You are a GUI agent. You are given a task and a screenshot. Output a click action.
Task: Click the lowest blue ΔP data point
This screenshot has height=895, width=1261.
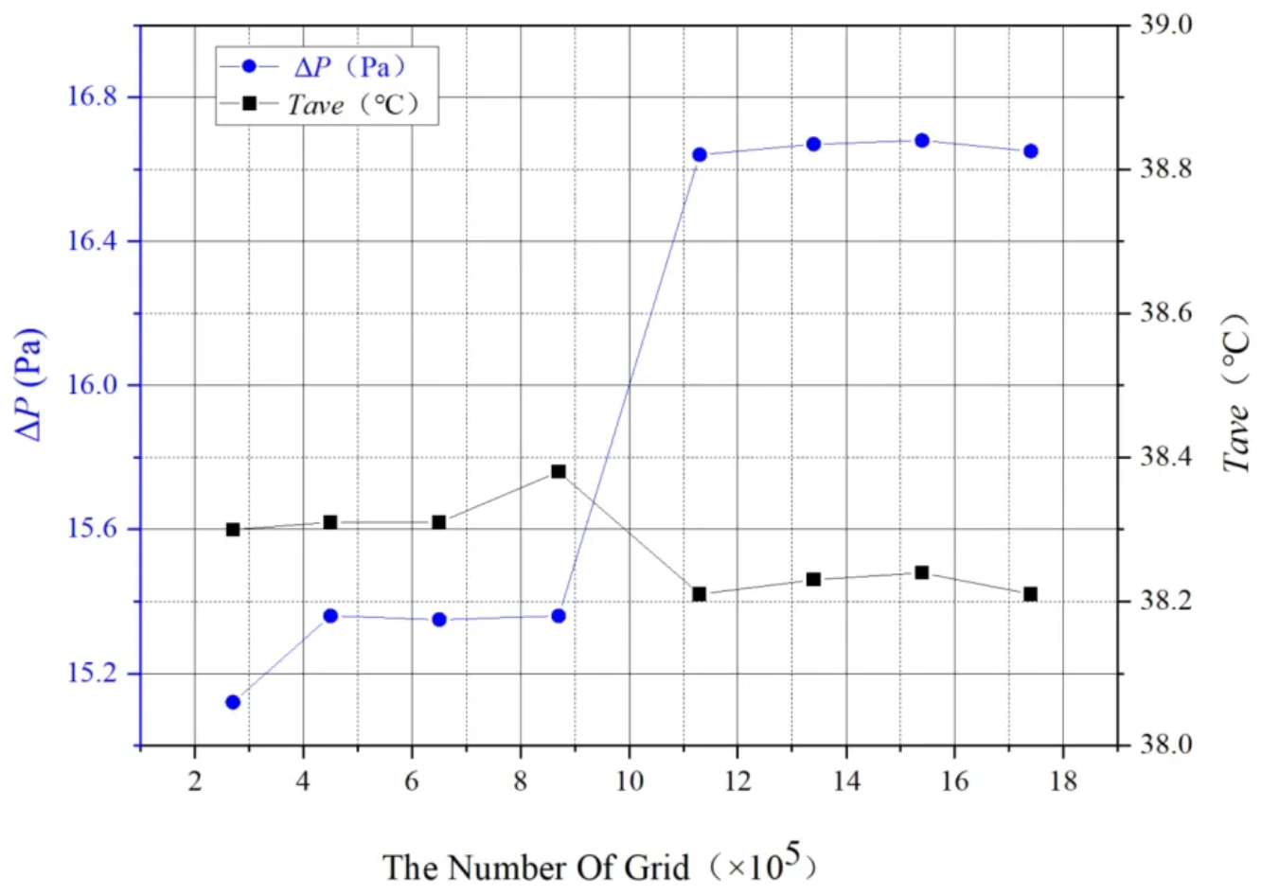(233, 702)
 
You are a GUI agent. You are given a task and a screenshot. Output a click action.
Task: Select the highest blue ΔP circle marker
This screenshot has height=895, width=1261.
(922, 140)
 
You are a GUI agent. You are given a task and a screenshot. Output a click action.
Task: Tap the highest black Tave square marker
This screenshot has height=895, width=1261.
(559, 471)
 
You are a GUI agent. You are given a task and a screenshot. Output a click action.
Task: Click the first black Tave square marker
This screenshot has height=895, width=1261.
(233, 530)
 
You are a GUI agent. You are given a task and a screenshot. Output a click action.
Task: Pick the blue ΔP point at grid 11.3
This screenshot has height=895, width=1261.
(700, 154)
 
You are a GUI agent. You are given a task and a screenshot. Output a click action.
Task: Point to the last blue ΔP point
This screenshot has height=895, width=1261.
(1031, 150)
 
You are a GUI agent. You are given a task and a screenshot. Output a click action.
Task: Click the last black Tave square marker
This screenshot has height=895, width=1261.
(1031, 594)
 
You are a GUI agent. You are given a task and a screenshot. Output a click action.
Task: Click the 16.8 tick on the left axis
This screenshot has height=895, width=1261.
(92, 97)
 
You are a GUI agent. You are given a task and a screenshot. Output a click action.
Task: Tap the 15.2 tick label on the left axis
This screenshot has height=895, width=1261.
(92, 674)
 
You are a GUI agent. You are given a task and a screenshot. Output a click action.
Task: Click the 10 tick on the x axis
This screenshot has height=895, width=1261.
(629, 781)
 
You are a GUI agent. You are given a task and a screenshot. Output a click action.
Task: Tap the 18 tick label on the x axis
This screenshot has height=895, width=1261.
(1063, 781)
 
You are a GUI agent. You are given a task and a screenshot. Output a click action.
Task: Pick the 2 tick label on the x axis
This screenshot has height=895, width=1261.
(195, 781)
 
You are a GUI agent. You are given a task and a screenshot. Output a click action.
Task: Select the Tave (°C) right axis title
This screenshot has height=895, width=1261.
(1235, 393)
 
